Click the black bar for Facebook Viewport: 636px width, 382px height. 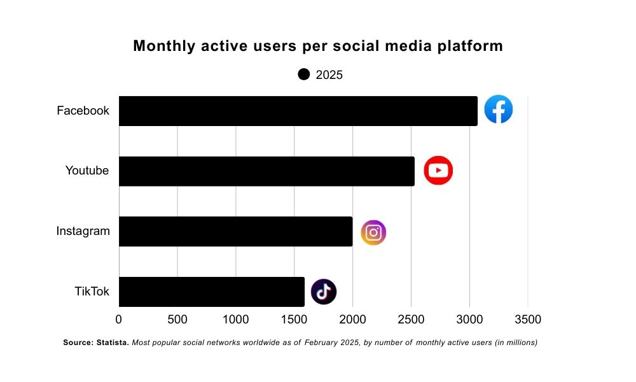298,111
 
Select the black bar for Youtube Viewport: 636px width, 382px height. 266,171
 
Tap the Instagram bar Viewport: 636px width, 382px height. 235,231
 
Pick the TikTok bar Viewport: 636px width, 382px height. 211,292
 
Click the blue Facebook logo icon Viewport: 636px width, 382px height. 498,110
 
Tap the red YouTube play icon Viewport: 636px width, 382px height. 438,171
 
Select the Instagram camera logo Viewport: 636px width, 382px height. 373,232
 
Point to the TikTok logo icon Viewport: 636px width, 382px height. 323,292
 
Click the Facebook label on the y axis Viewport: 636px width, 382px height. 83,111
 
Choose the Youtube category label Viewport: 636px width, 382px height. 86,171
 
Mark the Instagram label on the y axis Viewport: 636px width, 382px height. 83,231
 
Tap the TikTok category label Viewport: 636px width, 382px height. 92,292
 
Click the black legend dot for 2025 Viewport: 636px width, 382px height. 304,74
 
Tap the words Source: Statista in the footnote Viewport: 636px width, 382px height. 96,343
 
